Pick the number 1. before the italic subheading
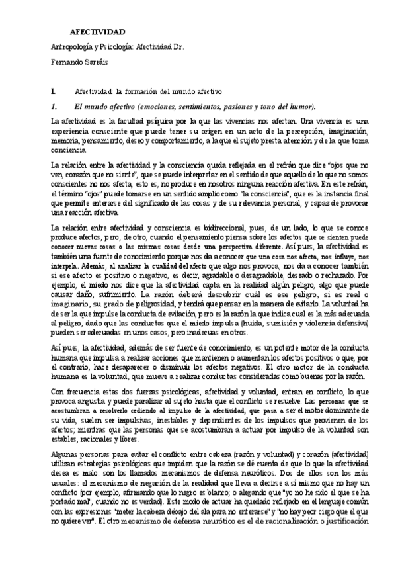(x=56, y=106)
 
